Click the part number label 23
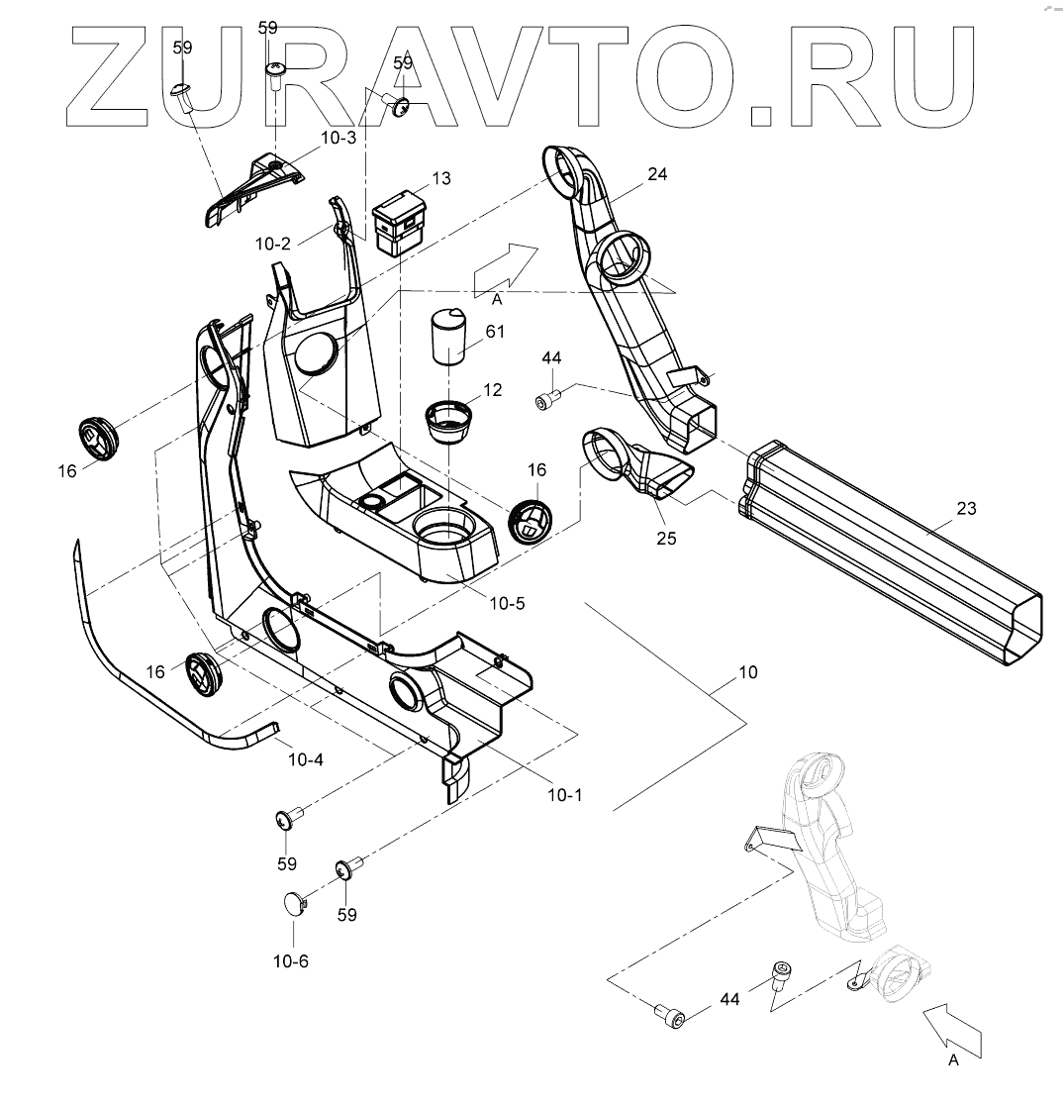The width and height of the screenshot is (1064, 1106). pyautogui.click(x=966, y=509)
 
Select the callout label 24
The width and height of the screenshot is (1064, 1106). pyautogui.click(x=657, y=174)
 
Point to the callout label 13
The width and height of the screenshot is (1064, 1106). pyautogui.click(x=440, y=178)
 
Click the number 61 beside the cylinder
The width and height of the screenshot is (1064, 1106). pyautogui.click(x=495, y=332)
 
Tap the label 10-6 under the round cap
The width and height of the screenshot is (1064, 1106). pyautogui.click(x=290, y=960)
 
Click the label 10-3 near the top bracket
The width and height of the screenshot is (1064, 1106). pyautogui.click(x=338, y=138)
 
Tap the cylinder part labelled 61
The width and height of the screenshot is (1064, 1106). pyautogui.click(x=449, y=337)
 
